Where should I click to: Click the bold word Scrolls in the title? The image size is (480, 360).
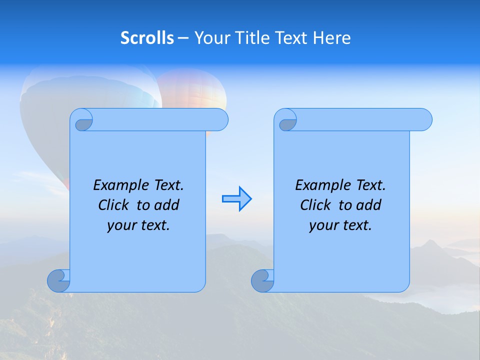pos(147,38)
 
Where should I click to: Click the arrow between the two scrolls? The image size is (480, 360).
pos(236,199)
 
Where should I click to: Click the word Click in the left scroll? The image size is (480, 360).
pos(109,205)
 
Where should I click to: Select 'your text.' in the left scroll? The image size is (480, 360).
pos(138,225)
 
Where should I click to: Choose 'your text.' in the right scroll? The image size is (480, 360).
pos(340,225)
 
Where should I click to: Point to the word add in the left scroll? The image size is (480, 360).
pos(167,205)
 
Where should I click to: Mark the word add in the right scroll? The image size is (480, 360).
pos(369,205)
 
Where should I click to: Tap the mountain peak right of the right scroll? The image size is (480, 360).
pos(429,245)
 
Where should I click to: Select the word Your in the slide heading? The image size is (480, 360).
pos(210,38)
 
